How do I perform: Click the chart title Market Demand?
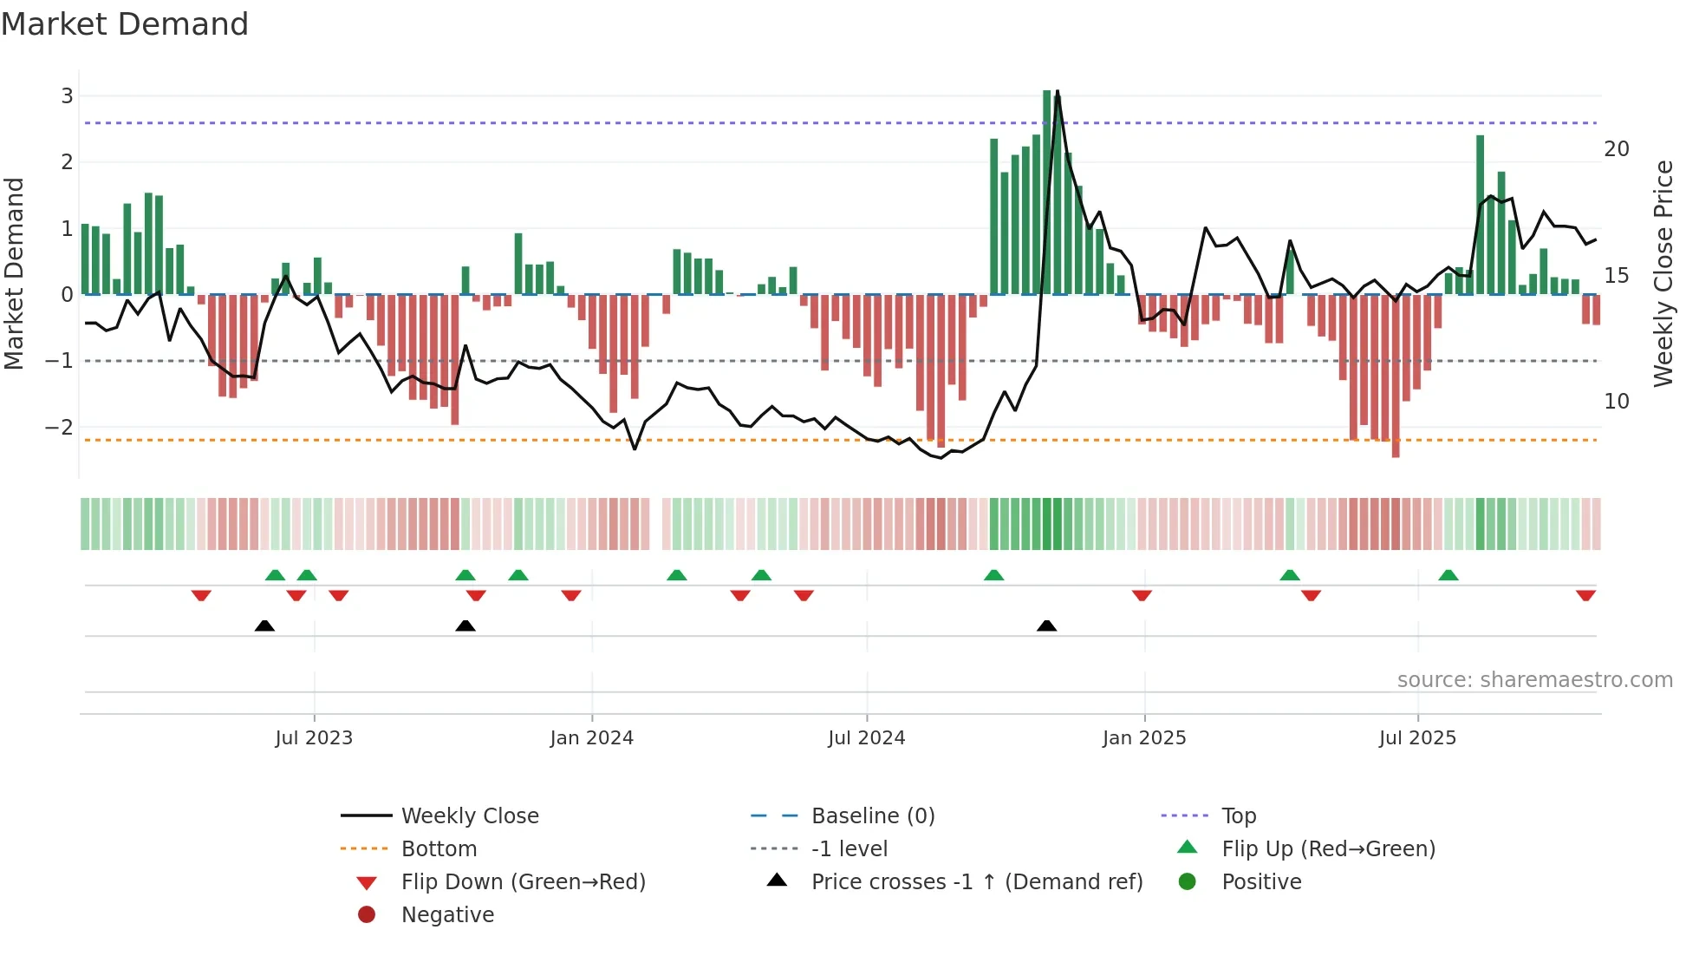point(125,24)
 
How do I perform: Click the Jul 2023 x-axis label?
point(314,738)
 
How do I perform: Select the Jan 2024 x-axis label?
point(592,738)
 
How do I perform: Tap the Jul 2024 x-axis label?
point(867,738)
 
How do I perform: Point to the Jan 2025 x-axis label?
point(1144,738)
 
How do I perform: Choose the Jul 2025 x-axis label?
point(1418,738)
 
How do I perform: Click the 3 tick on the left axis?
point(67,96)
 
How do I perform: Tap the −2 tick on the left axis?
point(60,427)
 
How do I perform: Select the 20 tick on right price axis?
point(1617,149)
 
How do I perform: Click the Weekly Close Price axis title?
point(1663,274)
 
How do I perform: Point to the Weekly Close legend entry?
point(470,816)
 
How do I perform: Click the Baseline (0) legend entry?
point(873,816)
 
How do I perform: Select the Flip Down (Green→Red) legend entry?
point(523,882)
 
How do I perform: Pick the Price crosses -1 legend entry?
point(976,882)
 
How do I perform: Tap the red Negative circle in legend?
point(367,915)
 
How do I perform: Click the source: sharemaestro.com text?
point(1534,680)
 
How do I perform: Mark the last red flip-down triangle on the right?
point(1585,595)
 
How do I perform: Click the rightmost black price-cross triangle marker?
point(1047,625)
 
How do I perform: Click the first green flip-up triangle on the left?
point(275,575)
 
